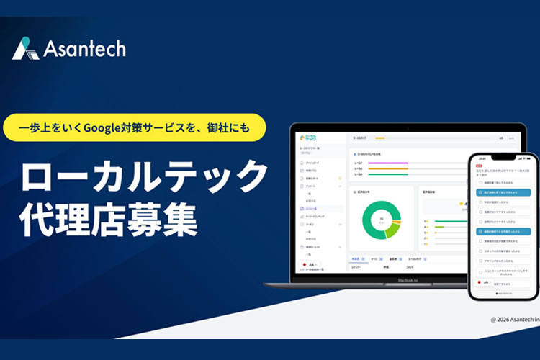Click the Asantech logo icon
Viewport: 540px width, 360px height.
(25, 48)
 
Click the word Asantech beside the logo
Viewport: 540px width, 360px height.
(84, 49)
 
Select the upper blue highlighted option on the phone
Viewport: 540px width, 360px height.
(505, 193)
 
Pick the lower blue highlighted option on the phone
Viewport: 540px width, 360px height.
(505, 231)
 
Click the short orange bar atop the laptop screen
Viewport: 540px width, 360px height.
(379, 137)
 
